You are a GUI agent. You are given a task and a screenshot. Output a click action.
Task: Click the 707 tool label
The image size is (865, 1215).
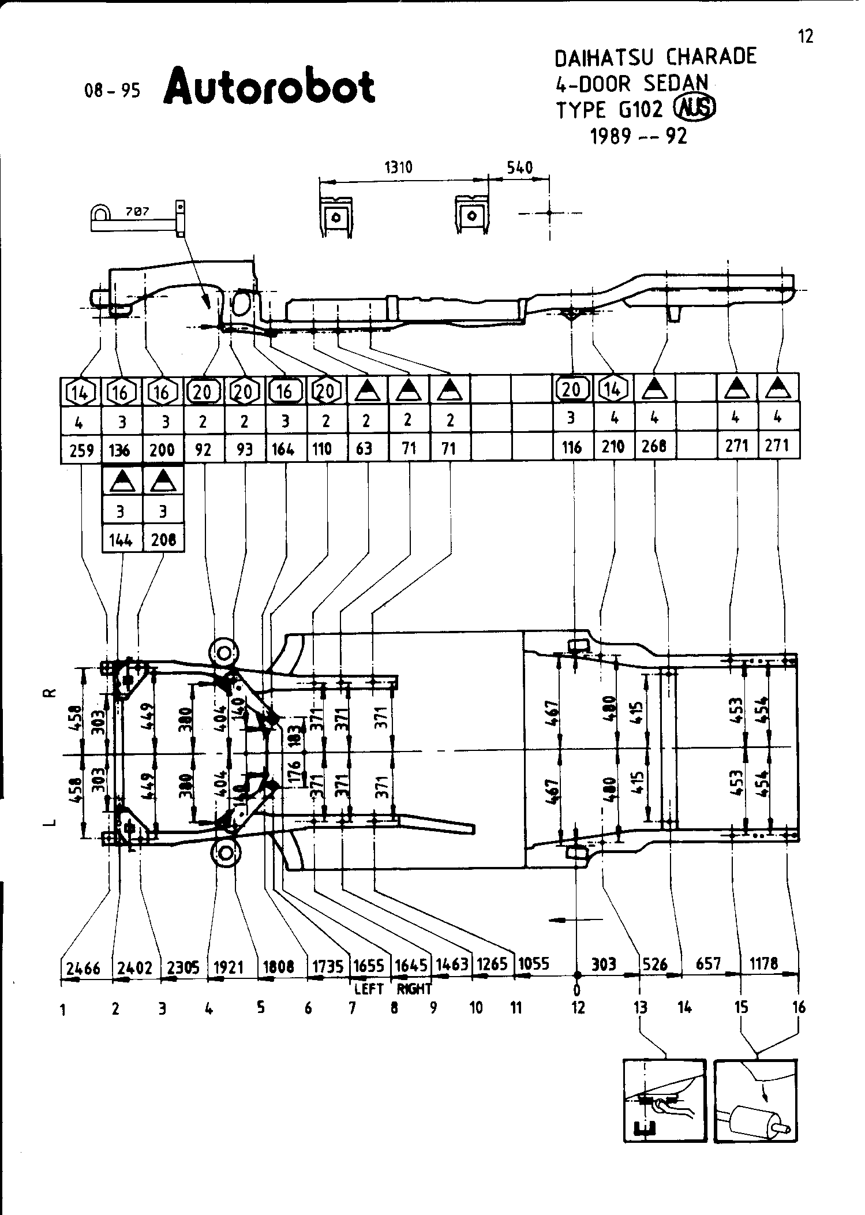pos(138,212)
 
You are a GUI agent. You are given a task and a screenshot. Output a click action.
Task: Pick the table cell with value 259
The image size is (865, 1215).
pos(81,450)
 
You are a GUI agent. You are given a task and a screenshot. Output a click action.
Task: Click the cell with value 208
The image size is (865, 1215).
pos(163,540)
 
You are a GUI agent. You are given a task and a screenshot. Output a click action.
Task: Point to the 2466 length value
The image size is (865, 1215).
pos(83,968)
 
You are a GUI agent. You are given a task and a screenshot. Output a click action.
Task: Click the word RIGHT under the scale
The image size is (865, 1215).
pos(414,989)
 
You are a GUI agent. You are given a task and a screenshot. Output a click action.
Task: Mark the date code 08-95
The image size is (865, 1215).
pos(112,91)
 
